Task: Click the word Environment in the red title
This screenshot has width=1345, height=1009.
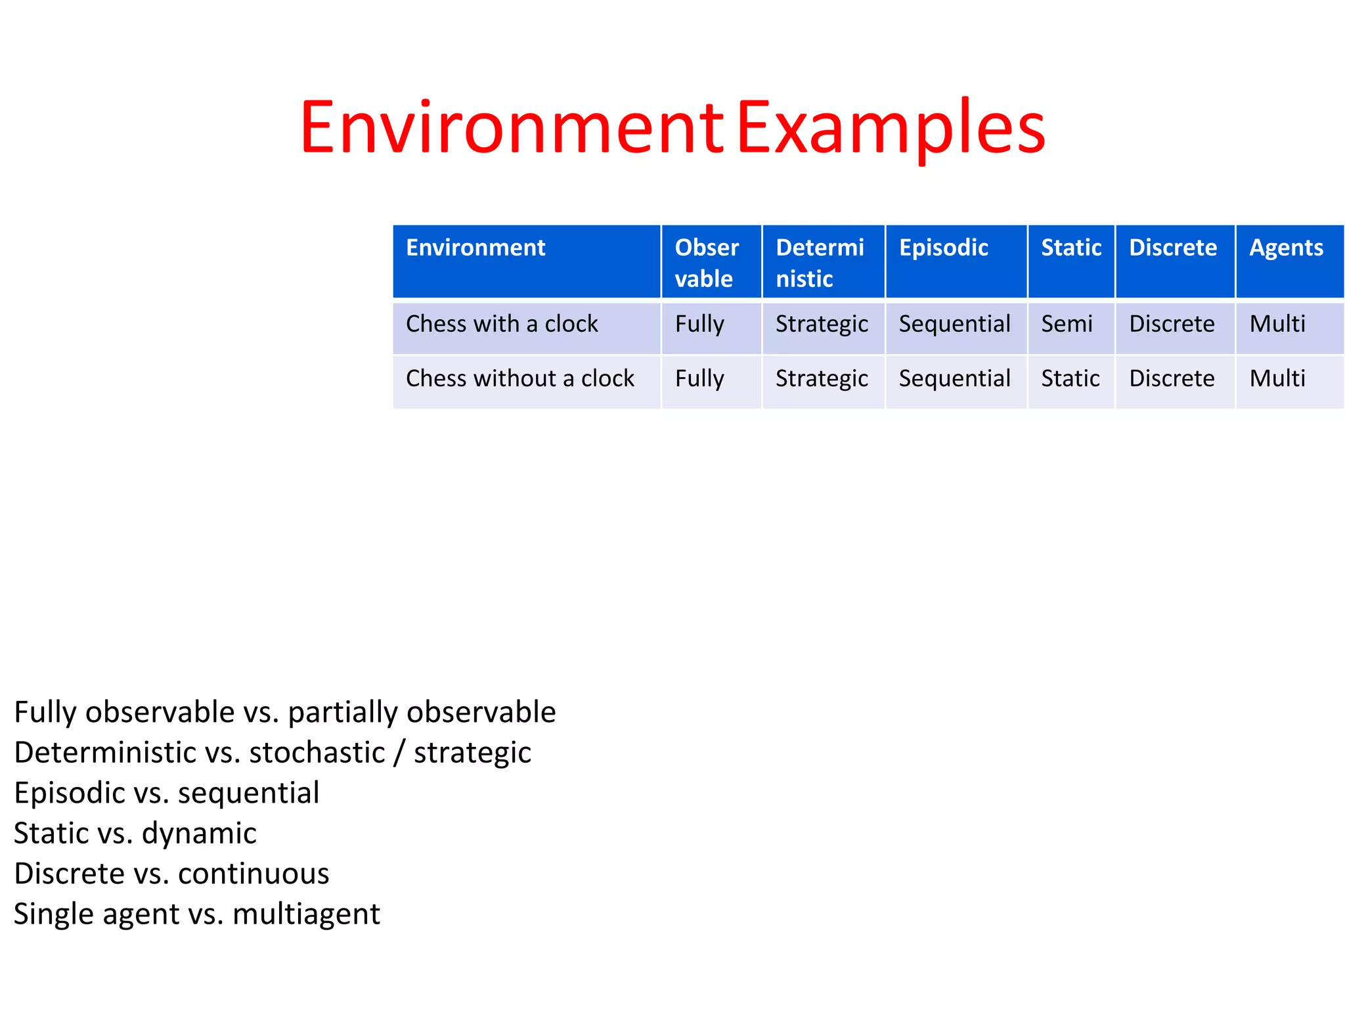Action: pos(511,127)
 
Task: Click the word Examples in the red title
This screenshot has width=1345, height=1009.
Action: pos(891,127)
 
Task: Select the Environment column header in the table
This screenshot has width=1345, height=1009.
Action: pos(475,248)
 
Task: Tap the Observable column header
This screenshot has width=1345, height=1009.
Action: pos(707,263)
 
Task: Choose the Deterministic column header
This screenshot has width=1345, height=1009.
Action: pos(820,263)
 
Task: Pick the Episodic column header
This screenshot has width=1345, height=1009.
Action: pos(943,248)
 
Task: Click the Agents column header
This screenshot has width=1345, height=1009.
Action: pos(1286,248)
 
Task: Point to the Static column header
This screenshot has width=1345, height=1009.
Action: pos(1070,248)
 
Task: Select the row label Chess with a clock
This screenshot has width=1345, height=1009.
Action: pos(502,324)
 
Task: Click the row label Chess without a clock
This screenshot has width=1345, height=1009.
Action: pos(519,378)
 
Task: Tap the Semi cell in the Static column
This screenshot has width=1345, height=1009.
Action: pos(1067,324)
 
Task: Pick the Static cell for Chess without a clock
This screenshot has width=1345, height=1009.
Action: pos(1070,378)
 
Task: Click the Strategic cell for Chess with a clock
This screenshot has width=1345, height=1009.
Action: pos(822,324)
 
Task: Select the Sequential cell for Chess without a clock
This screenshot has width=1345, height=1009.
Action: pos(954,378)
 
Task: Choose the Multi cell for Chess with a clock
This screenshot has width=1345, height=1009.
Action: pos(1277,324)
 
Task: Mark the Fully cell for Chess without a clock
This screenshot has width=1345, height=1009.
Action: pos(699,378)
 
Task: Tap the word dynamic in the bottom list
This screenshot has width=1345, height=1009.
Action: pos(199,834)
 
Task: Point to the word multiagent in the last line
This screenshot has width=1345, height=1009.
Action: pos(306,914)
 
